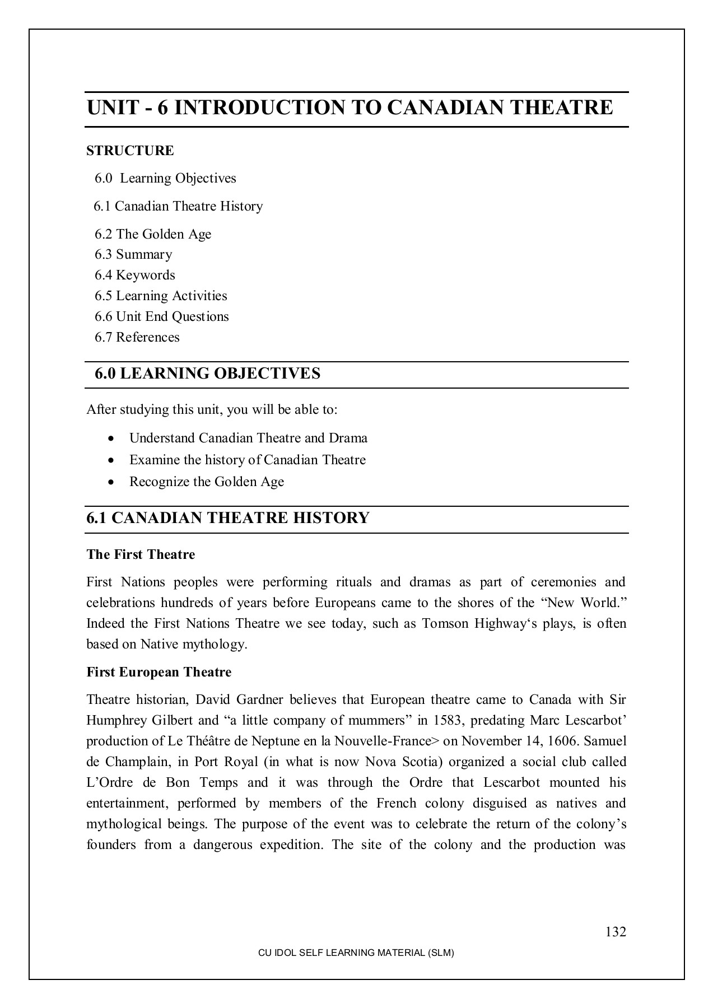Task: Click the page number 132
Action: [615, 932]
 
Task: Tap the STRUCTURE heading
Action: [130, 151]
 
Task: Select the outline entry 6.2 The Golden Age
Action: [153, 234]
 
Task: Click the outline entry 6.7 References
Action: [137, 337]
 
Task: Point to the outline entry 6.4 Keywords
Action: [135, 275]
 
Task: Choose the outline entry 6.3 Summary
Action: [133, 254]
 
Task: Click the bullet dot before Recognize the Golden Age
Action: [113, 482]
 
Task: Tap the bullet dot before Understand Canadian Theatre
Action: [113, 438]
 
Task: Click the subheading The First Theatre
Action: [141, 554]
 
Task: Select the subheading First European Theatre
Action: [159, 672]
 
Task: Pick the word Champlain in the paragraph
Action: [131, 762]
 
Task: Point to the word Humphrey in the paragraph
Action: [115, 720]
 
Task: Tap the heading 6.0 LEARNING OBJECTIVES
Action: [207, 374]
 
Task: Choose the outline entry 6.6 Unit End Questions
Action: [162, 316]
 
